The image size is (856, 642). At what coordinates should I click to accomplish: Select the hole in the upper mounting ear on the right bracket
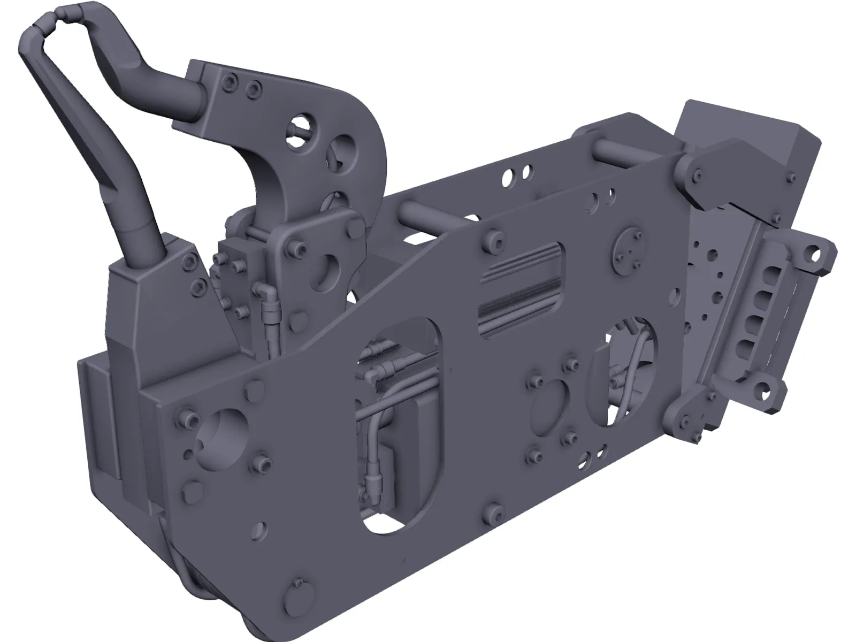[x=816, y=251]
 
